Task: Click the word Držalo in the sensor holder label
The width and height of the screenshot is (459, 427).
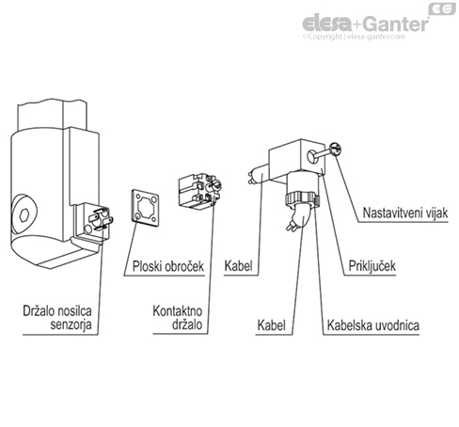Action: pyautogui.click(x=41, y=308)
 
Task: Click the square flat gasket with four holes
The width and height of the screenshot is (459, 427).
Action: pyautogui.click(x=147, y=209)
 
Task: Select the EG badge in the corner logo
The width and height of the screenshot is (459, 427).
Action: pyautogui.click(x=441, y=8)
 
